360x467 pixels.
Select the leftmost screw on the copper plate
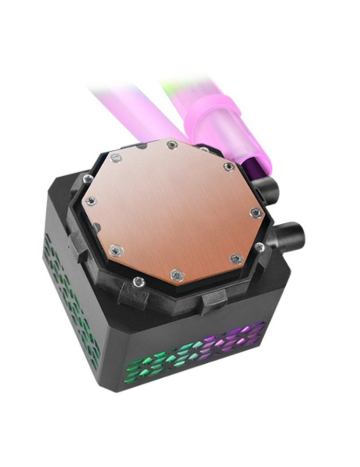point(92,201)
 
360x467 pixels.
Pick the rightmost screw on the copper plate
point(255,213)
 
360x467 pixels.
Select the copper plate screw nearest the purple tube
point(228,167)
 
